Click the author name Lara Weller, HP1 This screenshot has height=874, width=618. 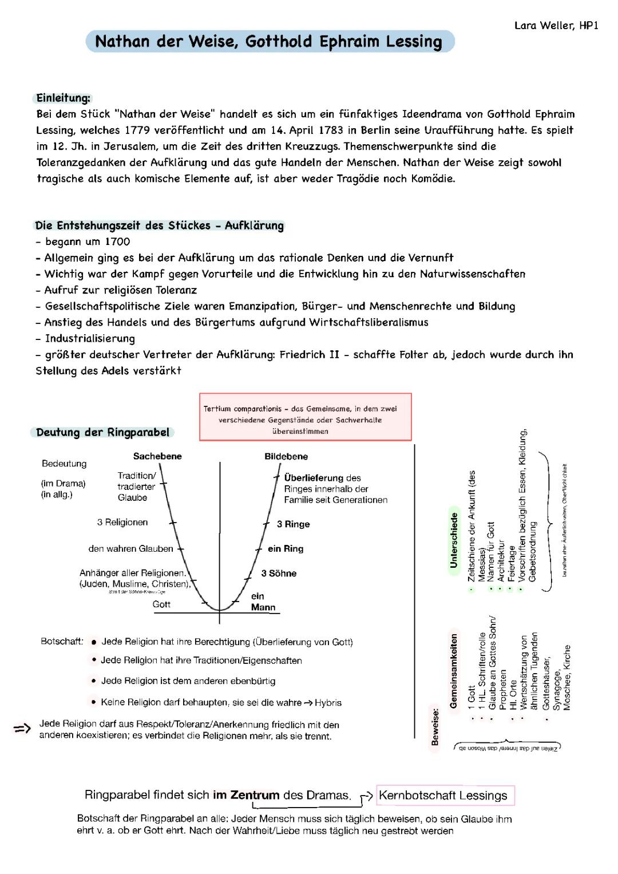tap(556, 26)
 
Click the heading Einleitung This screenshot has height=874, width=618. tap(63, 98)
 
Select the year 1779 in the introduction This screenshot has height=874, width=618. tap(137, 130)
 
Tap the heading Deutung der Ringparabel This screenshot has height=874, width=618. tap(102, 432)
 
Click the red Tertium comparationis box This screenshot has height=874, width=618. tap(305, 417)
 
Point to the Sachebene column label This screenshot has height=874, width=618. tap(157, 456)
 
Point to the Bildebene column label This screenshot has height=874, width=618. tap(286, 456)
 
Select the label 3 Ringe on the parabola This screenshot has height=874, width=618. tap(293, 524)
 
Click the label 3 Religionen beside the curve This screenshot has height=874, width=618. tap(122, 522)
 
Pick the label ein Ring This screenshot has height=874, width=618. tap(286, 548)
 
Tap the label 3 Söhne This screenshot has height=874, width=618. tap(279, 573)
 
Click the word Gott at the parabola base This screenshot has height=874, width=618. tap(161, 604)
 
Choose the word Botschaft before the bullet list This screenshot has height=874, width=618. tap(62, 641)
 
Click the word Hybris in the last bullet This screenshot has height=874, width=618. tap(328, 702)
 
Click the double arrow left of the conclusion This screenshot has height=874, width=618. tap(22, 729)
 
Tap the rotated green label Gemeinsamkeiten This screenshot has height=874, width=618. tap(454, 671)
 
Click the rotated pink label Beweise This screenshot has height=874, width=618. tap(435, 727)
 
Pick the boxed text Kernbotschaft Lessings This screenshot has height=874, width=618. tap(443, 796)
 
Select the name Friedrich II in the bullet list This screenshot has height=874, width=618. tap(310, 354)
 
